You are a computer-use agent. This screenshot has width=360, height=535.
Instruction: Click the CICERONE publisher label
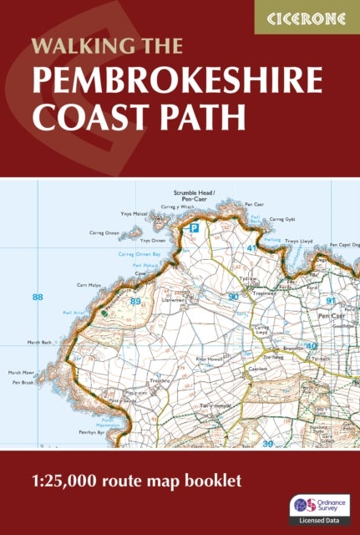pos(307,16)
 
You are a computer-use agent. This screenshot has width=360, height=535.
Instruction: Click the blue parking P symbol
pos(195,227)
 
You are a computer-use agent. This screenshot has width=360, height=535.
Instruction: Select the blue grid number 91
pos(331,301)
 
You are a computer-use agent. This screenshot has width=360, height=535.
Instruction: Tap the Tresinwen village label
pos(266,292)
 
